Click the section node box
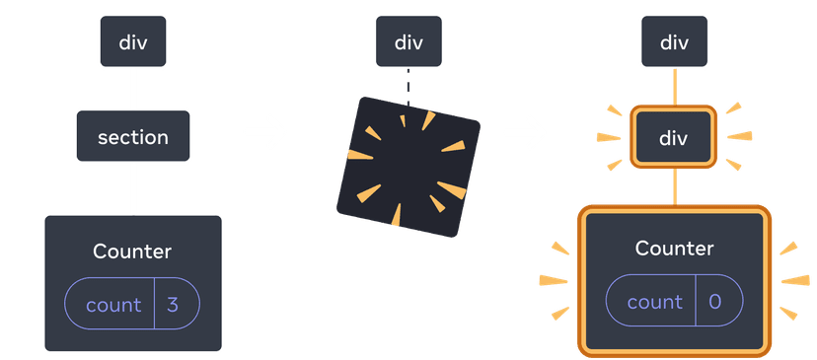[x=133, y=137]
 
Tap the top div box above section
[x=133, y=42]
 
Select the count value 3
[x=173, y=305]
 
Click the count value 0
[x=715, y=302]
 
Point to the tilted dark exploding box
[x=408, y=165]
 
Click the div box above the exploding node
[x=408, y=42]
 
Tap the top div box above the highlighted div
[x=674, y=42]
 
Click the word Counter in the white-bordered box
[x=132, y=252]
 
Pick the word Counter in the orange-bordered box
[x=674, y=249]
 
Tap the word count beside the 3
[x=113, y=305]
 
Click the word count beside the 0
[x=655, y=302]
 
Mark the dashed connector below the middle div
[x=407, y=83]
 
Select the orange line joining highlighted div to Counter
[x=674, y=185]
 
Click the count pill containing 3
[x=132, y=305]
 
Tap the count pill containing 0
[x=674, y=302]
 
